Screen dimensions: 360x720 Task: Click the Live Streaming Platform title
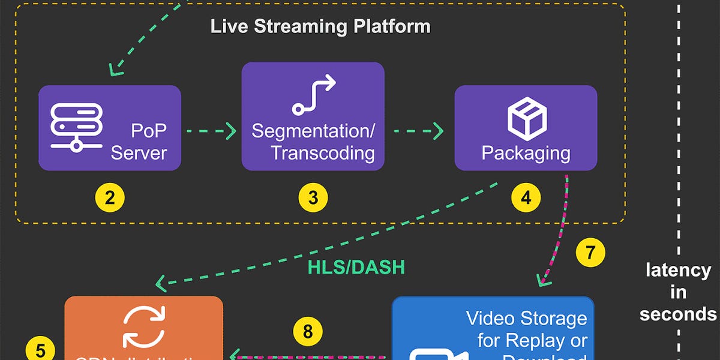320,27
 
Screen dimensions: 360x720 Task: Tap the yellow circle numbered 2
109,197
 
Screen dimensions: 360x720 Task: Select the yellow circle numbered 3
313,197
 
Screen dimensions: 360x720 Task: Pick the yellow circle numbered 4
526,197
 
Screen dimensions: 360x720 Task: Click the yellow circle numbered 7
590,253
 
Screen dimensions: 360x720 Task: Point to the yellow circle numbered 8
308,332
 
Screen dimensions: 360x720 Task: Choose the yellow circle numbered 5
40,350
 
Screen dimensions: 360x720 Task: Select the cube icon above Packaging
526,118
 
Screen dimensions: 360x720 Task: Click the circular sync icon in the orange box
143,328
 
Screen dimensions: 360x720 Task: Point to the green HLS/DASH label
356,268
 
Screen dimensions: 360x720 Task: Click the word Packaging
526,152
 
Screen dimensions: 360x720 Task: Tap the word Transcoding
322,152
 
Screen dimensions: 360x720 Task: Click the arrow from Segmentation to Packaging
419,130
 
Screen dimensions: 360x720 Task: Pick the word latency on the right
678,270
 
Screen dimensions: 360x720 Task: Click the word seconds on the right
678,314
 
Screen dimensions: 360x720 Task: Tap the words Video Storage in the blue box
527,317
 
